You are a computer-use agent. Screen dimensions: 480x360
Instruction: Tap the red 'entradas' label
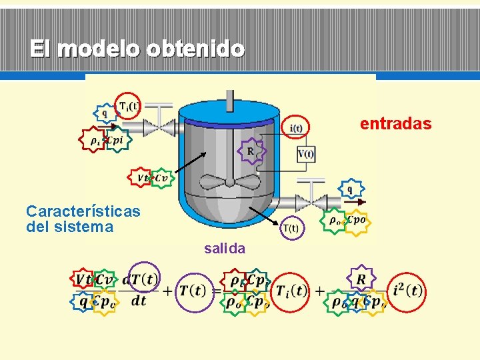[x=396, y=124]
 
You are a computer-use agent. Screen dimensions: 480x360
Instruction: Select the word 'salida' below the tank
[x=225, y=249]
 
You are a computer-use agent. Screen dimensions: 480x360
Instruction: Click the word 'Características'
[x=83, y=211]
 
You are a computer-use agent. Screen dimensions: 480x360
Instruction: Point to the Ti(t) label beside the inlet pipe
[x=129, y=105]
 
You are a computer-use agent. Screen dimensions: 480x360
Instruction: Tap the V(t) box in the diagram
[x=306, y=155]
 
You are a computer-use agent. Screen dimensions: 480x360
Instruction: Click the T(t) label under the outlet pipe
[x=291, y=228]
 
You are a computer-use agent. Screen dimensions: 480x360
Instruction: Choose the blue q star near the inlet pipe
[x=104, y=114]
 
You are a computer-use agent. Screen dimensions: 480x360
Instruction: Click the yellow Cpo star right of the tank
[x=356, y=220]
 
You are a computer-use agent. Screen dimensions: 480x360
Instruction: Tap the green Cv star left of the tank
[x=162, y=178]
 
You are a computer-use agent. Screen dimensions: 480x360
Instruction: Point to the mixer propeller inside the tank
[x=229, y=184]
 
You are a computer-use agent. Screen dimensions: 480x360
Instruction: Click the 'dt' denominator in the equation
[x=139, y=301]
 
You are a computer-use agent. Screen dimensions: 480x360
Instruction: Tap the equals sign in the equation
[x=217, y=291]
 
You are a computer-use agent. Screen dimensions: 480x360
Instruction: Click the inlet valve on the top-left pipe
[x=159, y=127]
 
